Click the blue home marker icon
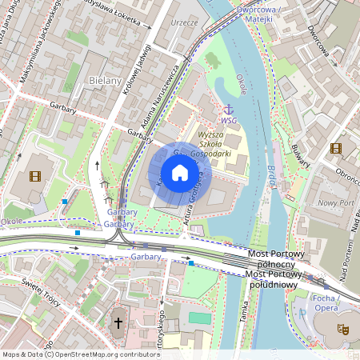point(180,172)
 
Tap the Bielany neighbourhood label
point(106,82)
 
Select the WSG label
point(229,121)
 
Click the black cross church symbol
point(118,323)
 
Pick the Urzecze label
point(184,22)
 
